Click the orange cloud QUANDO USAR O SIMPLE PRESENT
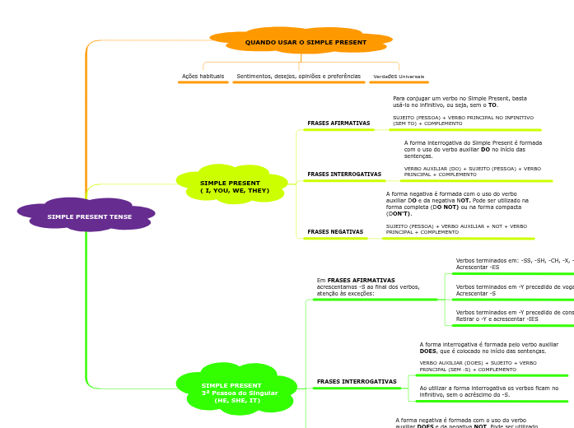pos(305,42)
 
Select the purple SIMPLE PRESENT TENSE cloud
pos(89,216)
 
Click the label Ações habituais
pos(203,77)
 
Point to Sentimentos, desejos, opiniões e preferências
pos(298,77)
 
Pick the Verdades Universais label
pos(399,77)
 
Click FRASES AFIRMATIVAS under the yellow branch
pos(338,123)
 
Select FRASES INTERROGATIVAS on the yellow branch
pos(344,174)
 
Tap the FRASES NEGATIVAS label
pos(335,232)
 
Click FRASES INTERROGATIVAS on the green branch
pos(357,382)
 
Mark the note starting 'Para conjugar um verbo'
pos(460,101)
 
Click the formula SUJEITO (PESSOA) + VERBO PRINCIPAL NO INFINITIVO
pos(463,121)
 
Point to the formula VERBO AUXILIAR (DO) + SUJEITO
pos(472,171)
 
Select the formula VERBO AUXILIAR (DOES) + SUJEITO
pos(478,366)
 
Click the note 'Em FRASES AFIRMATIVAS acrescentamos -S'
pos(368,286)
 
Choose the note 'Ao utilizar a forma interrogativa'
pos(488,391)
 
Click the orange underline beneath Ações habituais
pos(203,82)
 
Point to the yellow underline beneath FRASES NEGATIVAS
pos(335,239)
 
